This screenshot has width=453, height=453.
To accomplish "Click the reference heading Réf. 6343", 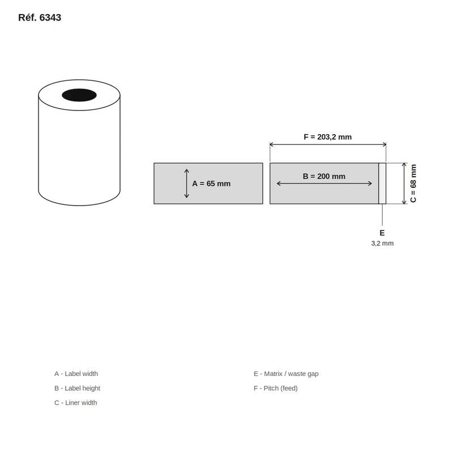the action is pos(40,18).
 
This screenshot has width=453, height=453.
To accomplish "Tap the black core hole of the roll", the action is pos(79,95).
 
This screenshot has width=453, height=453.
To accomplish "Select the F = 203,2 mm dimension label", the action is pos(328,137).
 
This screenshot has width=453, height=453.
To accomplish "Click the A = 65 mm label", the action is pos(211,183).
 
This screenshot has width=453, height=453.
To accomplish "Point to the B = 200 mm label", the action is pos(324,176).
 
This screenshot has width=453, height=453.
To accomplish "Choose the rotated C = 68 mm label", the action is pos(413,183).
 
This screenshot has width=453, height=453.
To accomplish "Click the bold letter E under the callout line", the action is pos(382,233).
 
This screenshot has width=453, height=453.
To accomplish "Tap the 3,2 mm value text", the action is pos(382,243).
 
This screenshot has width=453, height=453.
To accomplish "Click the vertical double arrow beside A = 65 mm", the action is pos(187,183).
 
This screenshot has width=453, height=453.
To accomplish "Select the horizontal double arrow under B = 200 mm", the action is pos(324,183).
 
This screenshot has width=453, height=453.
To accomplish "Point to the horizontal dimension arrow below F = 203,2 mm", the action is pos(328,144).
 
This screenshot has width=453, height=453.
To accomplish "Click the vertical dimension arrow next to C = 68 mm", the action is pos(404,183).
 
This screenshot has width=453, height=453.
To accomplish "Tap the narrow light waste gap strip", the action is pos(382,183).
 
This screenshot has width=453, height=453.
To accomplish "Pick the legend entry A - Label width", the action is pos(76,374).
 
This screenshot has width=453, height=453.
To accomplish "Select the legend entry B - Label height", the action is pos(77,388).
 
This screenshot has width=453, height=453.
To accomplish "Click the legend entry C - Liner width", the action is pos(76,403).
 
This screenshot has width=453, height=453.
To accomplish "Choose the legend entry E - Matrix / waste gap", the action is pos(286,374).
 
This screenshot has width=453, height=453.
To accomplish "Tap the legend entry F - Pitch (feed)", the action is pos(276,388).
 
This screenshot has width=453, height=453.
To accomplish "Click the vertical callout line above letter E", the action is pos(382,215).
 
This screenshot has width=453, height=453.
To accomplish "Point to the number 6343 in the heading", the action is pos(50,18).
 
